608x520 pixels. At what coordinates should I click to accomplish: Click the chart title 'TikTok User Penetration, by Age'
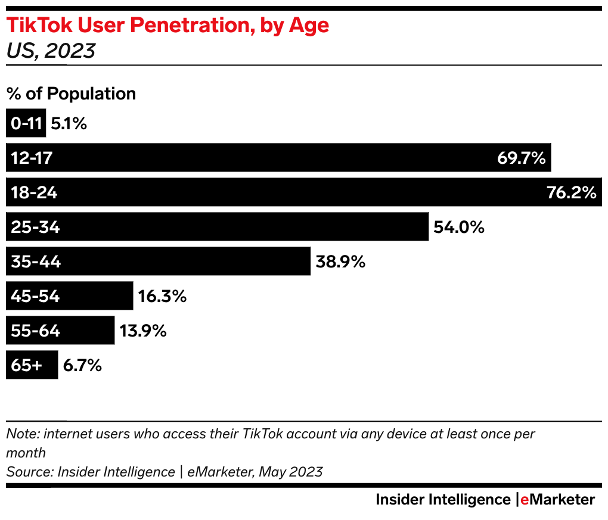[x=167, y=27]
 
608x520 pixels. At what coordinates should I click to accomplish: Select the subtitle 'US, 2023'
[x=51, y=51]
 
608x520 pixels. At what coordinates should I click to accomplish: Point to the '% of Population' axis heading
[x=71, y=94]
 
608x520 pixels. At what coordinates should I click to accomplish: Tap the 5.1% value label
[x=69, y=124]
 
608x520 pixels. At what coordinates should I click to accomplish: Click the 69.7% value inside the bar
[x=521, y=158]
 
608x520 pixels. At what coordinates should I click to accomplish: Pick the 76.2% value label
[x=571, y=192]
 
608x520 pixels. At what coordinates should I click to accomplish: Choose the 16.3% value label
[x=162, y=296]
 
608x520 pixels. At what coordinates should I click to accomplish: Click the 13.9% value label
[x=142, y=331]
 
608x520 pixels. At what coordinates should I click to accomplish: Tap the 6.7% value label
[x=82, y=365]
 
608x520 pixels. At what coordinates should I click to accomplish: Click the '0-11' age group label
[x=26, y=124]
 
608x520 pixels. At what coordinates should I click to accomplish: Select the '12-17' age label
[x=32, y=158]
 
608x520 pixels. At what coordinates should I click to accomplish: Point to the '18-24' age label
[x=34, y=192]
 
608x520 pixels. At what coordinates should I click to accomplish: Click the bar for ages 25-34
[x=238, y=227]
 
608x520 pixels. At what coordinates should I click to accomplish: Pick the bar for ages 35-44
[x=179, y=261]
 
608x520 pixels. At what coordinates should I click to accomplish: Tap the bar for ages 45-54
[x=95, y=296]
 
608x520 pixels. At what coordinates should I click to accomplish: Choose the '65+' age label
[x=27, y=365]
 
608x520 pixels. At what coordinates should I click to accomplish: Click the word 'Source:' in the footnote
[x=29, y=472]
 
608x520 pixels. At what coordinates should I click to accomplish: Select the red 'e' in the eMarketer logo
[x=525, y=500]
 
